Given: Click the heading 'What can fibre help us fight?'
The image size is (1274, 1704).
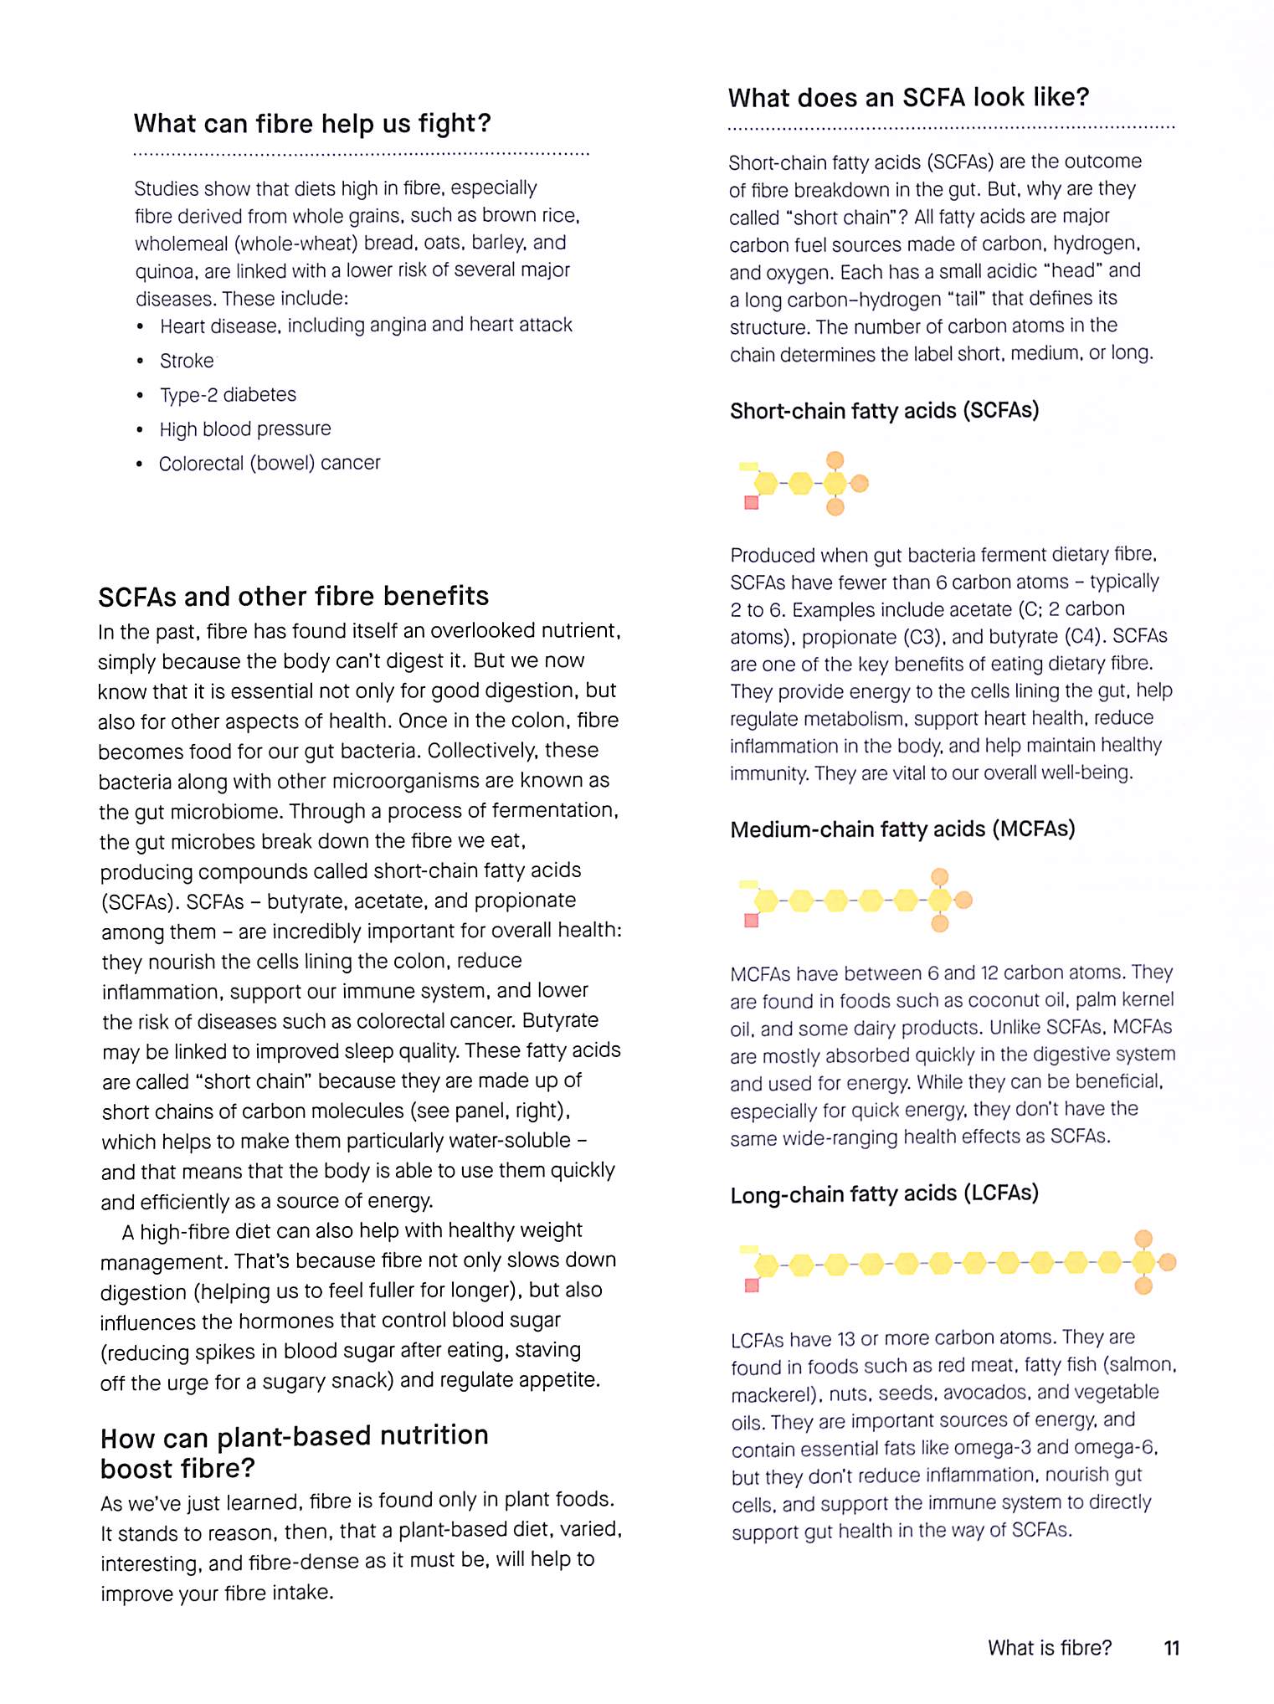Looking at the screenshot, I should click(x=312, y=124).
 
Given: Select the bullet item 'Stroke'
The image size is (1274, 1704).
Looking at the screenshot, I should click(x=187, y=361).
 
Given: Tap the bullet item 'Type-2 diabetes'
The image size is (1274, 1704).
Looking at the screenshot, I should click(x=228, y=395).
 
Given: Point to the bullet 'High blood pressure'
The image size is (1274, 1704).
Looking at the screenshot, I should click(x=245, y=429).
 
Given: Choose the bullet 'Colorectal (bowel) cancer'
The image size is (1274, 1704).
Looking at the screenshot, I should click(x=270, y=464).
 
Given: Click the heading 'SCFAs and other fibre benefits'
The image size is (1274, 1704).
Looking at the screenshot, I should click(x=293, y=597).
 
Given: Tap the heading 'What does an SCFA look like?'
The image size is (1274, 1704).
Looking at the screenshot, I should click(x=908, y=98).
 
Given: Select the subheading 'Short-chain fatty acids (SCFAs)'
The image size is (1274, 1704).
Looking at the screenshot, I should click(x=884, y=411).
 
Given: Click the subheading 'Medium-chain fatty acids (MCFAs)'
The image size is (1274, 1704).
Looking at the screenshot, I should click(x=902, y=829).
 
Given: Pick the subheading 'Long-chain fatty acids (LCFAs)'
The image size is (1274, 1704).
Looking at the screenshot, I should click(x=884, y=1193).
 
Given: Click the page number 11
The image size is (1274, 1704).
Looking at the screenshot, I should click(x=1171, y=1648).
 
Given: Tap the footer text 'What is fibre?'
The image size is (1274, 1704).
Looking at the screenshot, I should click(x=1050, y=1648).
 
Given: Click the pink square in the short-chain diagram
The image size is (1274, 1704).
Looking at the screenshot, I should click(x=752, y=502).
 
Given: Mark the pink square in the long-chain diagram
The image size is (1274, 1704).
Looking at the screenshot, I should click(x=752, y=1285).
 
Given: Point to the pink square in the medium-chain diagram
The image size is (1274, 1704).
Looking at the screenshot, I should click(x=752, y=921).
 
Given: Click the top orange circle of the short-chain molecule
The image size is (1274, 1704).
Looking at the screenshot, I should click(x=835, y=459).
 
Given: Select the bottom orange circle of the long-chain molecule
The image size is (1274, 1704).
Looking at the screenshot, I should click(x=1143, y=1286).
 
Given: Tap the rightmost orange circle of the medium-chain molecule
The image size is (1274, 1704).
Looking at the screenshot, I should click(x=963, y=901).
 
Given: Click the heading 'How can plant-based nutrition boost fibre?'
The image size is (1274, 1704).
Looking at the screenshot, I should click(x=294, y=1452).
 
